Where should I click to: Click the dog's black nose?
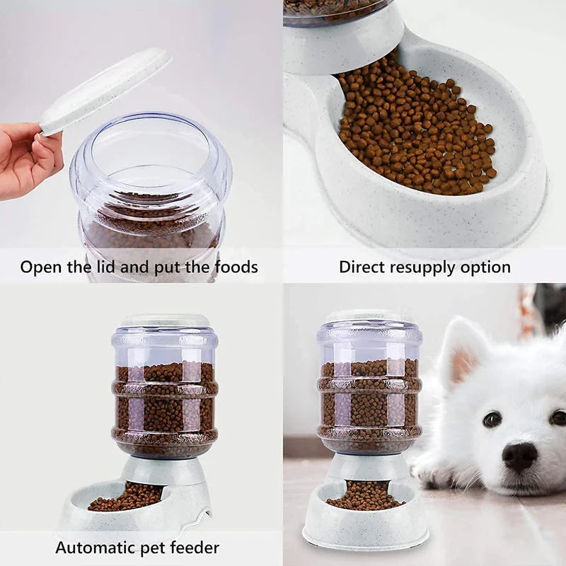(519, 456)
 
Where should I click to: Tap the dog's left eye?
(492, 419)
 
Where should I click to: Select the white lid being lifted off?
(106, 89)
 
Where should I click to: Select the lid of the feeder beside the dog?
(369, 316)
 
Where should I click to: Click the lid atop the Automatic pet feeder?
(165, 320)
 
